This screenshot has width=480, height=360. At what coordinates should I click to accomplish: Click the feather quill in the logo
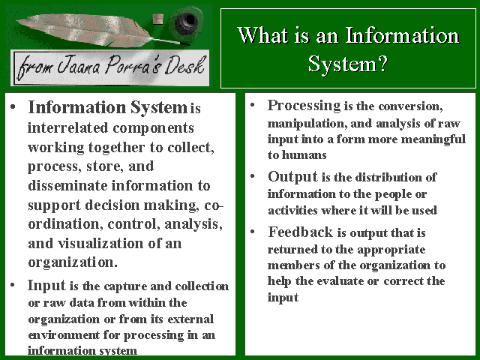click(x=91, y=30)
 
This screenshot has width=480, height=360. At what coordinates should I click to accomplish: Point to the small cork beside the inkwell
click(x=157, y=19)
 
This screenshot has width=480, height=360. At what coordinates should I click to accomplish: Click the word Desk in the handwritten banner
click(x=184, y=65)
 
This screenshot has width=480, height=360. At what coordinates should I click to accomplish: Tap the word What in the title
click(x=263, y=35)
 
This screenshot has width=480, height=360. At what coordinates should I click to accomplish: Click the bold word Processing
click(x=304, y=106)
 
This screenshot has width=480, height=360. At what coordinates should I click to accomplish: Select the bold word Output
click(x=293, y=177)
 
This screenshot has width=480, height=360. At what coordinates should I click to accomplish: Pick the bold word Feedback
click(x=301, y=232)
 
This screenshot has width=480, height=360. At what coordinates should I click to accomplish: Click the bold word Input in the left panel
click(x=46, y=286)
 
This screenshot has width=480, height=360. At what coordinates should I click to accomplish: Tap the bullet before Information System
click(x=13, y=107)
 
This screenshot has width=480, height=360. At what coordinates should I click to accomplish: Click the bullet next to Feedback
click(x=253, y=232)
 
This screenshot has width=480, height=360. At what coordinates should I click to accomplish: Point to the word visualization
click(x=100, y=244)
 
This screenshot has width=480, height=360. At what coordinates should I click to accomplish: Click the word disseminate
click(x=67, y=185)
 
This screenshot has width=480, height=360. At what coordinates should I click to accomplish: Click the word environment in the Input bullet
click(x=64, y=335)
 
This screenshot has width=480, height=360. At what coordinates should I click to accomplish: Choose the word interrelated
click(x=67, y=128)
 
